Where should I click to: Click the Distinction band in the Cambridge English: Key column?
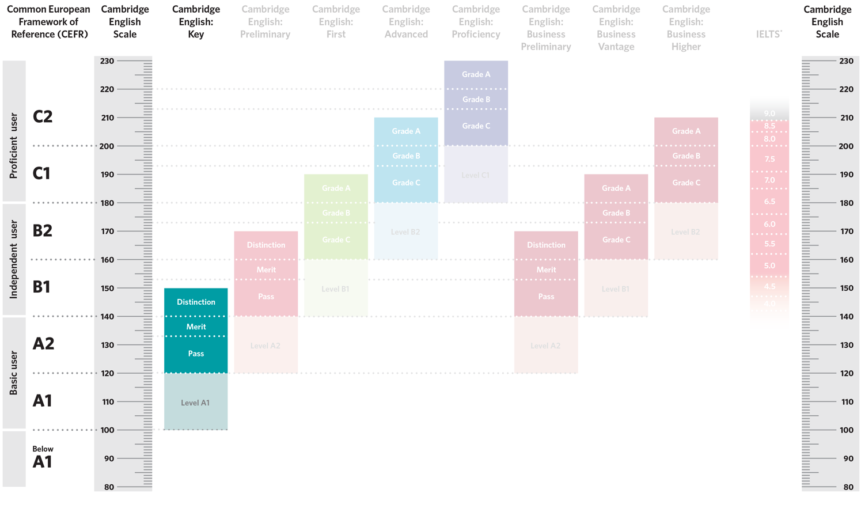tap(196, 302)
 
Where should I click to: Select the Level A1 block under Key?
tap(196, 402)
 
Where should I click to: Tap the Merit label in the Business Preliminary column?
tap(546, 270)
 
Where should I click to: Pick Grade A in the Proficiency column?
tap(476, 74)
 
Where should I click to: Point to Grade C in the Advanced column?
tap(406, 183)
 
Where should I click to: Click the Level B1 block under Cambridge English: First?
tap(336, 289)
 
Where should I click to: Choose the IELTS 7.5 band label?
tap(769, 160)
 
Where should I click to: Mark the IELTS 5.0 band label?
tap(769, 266)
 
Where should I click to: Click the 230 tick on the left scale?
tap(107, 60)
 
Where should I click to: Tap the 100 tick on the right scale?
tap(846, 430)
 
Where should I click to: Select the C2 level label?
tap(43, 116)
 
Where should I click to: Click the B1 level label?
tap(41, 287)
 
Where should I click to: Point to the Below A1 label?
tap(43, 457)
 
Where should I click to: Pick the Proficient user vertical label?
tap(14, 146)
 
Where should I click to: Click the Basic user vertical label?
tap(14, 373)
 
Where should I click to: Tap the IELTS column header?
tap(769, 34)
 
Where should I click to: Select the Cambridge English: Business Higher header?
tap(686, 28)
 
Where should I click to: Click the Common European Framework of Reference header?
tap(48, 22)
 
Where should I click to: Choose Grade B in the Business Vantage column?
tap(616, 213)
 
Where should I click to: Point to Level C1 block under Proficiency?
tap(476, 175)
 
